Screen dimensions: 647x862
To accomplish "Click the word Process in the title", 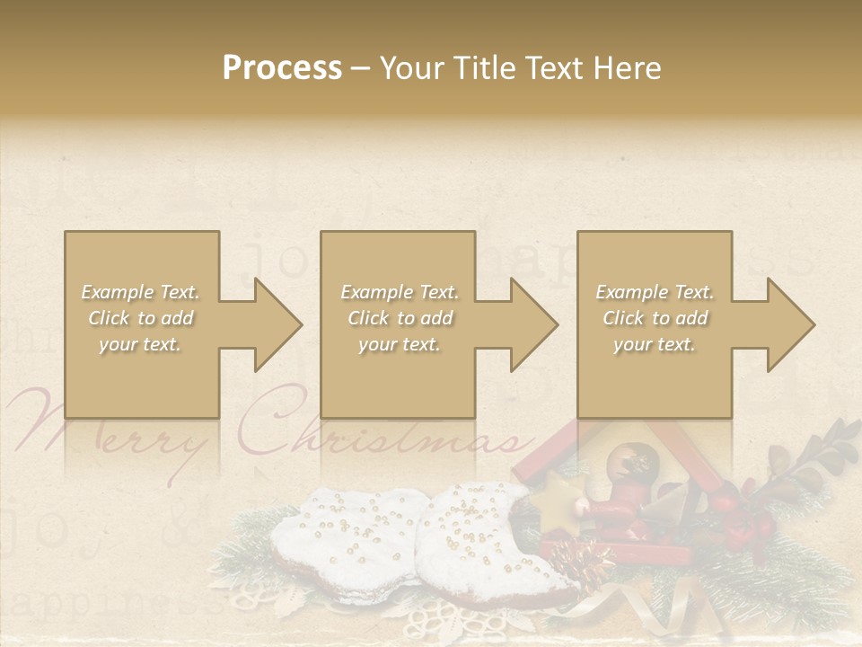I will click(282, 68).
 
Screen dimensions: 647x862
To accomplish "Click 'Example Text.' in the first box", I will click(140, 292).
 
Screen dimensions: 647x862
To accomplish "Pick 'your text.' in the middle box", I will click(399, 344).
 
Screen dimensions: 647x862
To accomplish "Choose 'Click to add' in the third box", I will click(655, 318).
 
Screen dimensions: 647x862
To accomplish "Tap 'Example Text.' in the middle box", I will click(399, 292).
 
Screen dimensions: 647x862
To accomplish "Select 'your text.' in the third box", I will click(655, 344).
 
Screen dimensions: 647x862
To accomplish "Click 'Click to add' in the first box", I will click(140, 318).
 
